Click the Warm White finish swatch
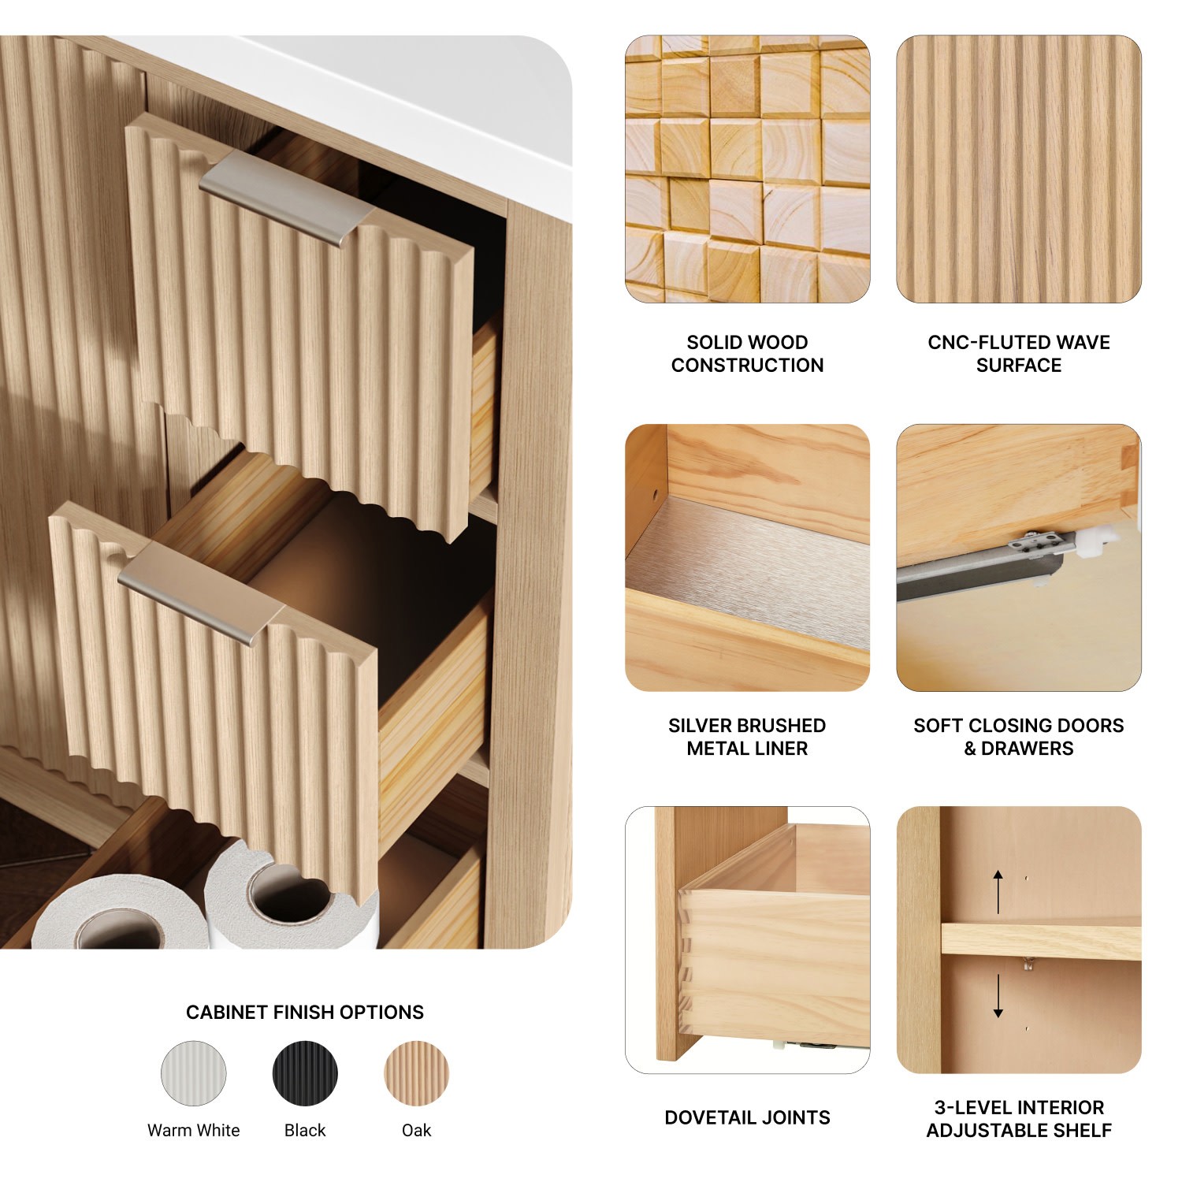click(193, 1073)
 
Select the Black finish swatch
click(305, 1073)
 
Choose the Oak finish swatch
click(416, 1073)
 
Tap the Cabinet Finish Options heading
click(305, 1013)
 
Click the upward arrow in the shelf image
click(998, 891)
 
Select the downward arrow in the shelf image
click(998, 996)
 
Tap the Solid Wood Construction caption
click(747, 354)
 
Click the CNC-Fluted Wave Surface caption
click(1019, 354)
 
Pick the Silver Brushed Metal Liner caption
click(747, 737)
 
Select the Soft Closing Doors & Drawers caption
click(1019, 737)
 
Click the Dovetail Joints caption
click(747, 1117)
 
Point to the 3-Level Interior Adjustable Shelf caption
click(1019, 1119)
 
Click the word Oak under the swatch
click(416, 1130)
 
